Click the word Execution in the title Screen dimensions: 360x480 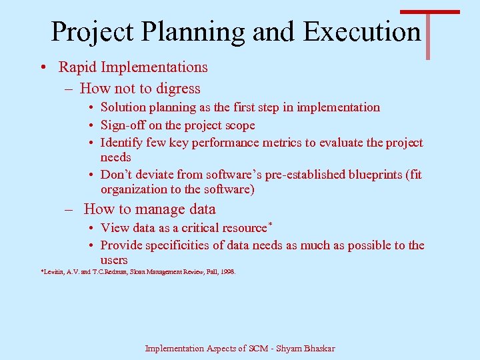pyautogui.click(x=362, y=31)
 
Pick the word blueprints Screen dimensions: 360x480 pyautogui.click(x=377, y=175)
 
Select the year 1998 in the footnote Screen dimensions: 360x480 pyautogui.click(x=228, y=272)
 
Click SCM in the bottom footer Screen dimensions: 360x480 pyautogui.click(x=254, y=349)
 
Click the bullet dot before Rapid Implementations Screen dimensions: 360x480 pyautogui.click(x=42, y=68)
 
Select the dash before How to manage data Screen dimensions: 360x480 pyautogui.click(x=69, y=209)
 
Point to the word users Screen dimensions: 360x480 pyautogui.click(x=114, y=260)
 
